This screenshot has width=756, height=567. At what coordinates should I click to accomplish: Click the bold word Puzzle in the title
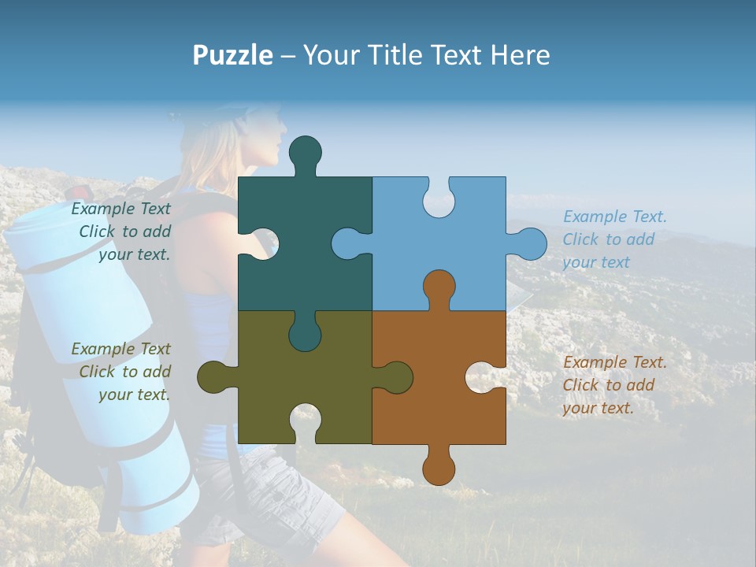pyautogui.click(x=232, y=55)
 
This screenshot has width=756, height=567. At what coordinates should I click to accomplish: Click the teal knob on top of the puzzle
pyautogui.click(x=306, y=154)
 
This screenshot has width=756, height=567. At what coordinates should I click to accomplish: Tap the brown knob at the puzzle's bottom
pyautogui.click(x=439, y=467)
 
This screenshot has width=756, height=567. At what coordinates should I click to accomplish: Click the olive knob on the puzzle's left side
pyautogui.click(x=215, y=377)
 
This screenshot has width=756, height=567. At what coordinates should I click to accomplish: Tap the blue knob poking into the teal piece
pyautogui.click(x=349, y=243)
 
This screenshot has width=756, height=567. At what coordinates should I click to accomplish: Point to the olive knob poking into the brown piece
pyautogui.click(x=395, y=377)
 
